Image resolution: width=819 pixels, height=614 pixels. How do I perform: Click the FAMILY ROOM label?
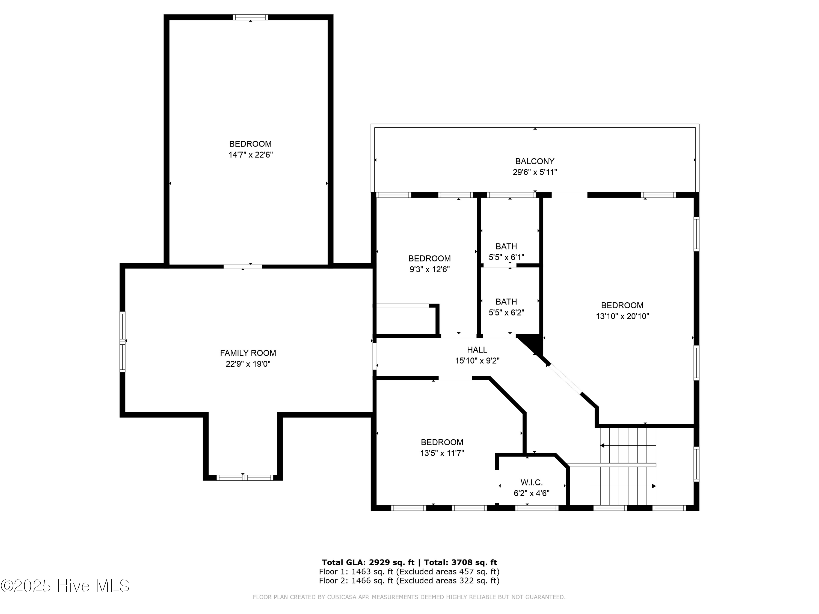click(248, 353)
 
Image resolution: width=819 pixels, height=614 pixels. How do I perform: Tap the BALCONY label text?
click(535, 161)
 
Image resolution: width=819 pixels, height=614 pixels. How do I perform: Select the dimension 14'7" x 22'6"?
click(250, 155)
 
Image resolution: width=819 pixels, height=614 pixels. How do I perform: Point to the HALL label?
click(477, 350)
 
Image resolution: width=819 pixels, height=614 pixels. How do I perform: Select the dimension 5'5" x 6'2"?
click(506, 312)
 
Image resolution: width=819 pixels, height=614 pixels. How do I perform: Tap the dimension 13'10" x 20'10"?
click(622, 316)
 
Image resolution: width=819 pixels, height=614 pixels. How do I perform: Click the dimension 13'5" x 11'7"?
click(442, 453)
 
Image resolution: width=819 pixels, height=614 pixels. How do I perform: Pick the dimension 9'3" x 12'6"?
click(429, 269)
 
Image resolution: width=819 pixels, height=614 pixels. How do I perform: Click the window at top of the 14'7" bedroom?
click(250, 17)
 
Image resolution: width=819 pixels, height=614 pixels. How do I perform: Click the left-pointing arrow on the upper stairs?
click(603, 446)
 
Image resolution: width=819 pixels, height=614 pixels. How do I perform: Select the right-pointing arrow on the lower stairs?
click(654, 486)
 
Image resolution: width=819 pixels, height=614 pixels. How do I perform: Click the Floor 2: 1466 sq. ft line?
click(409, 581)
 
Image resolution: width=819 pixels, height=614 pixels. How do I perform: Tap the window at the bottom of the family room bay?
click(245, 478)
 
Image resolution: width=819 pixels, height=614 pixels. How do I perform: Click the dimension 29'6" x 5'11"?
click(535, 172)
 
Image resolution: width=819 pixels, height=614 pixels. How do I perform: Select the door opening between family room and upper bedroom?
click(243, 266)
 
